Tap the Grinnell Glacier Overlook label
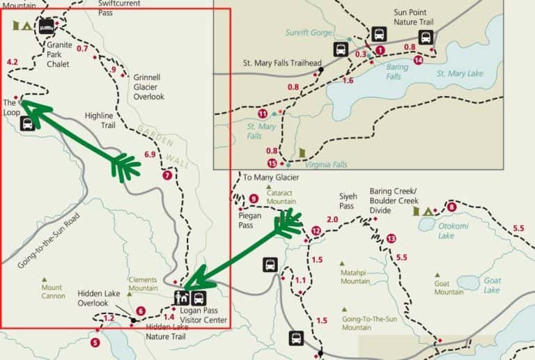click(149, 87)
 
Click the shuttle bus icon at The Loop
click(28, 124)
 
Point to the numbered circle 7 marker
click(166, 175)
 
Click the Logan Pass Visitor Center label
click(205, 316)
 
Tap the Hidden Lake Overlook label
click(99, 298)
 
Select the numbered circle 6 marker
click(141, 311)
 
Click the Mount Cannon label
click(52, 292)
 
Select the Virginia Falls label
click(325, 165)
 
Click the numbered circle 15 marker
click(272, 163)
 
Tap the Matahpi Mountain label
click(355, 276)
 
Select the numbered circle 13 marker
click(391, 238)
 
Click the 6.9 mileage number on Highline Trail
click(150, 154)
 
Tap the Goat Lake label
click(492, 285)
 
